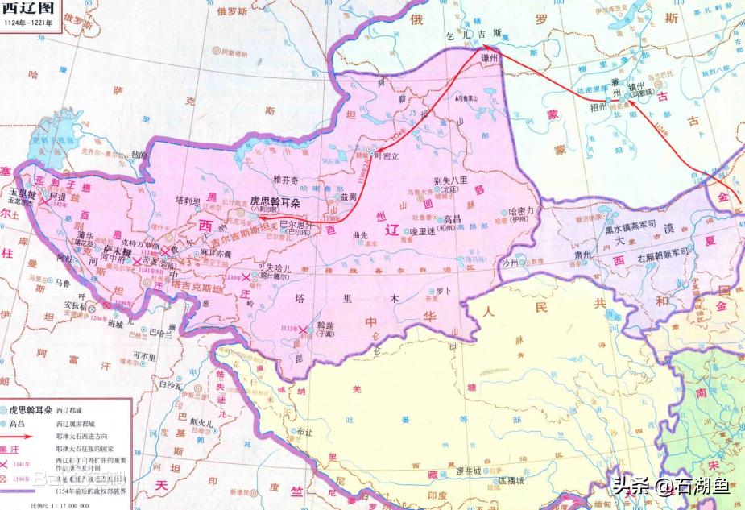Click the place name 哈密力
pos(524,210)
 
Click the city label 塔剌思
pos(187,200)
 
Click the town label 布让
pos(304,431)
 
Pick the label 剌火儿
pos(201,421)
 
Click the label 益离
pos(349,196)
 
